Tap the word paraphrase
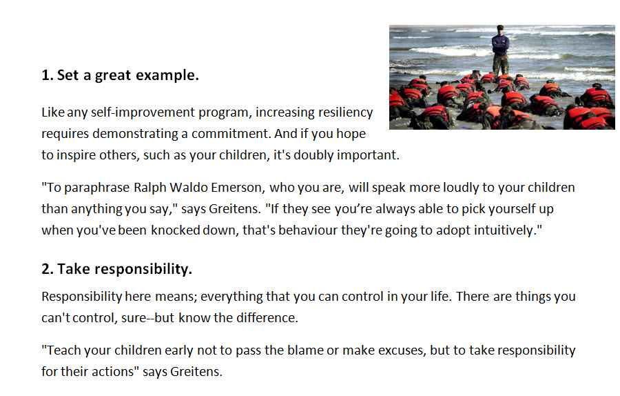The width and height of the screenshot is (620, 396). tap(96, 188)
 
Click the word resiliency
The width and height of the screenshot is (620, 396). tap(345, 112)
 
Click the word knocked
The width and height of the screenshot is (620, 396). tap(175, 230)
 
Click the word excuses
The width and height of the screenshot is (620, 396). tap(402, 350)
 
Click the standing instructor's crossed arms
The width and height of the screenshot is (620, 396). tap(501, 44)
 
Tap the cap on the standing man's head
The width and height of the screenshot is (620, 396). tap(501, 26)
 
